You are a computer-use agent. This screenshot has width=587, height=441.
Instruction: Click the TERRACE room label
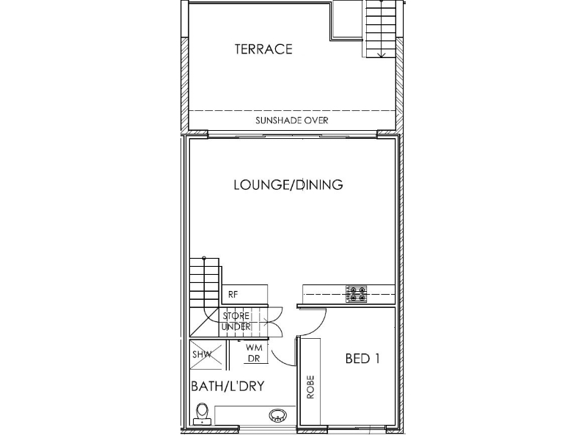coord(263,49)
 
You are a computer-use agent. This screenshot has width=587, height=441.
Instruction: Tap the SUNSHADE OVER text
coord(291,121)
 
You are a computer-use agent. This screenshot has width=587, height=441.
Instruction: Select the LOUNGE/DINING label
coord(288,184)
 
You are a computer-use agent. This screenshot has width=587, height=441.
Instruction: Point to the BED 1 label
coord(362,359)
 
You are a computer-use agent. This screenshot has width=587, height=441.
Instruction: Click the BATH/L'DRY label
coord(228,386)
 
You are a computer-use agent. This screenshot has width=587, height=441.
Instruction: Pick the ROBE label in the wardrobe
coord(310,387)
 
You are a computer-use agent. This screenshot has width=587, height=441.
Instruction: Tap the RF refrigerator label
coord(233,295)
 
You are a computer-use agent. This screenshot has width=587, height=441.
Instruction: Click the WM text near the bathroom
coord(254,348)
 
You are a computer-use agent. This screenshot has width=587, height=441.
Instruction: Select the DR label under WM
coord(254,359)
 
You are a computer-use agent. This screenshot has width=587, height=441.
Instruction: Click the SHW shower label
coord(202,354)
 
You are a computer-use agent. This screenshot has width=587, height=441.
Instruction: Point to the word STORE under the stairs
coord(236,316)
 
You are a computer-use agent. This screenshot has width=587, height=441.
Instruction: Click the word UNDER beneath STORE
coord(236,326)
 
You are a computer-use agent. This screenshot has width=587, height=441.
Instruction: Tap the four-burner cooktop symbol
coord(356,295)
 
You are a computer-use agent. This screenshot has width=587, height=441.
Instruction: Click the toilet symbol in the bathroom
coord(203,414)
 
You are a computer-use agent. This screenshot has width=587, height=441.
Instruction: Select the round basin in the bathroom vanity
coord(278,415)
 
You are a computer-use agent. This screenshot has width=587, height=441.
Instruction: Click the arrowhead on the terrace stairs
coord(381,55)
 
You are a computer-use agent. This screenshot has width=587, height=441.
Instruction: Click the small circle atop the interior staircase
coord(204,258)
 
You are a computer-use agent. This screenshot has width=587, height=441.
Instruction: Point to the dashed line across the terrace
coord(291,111)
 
